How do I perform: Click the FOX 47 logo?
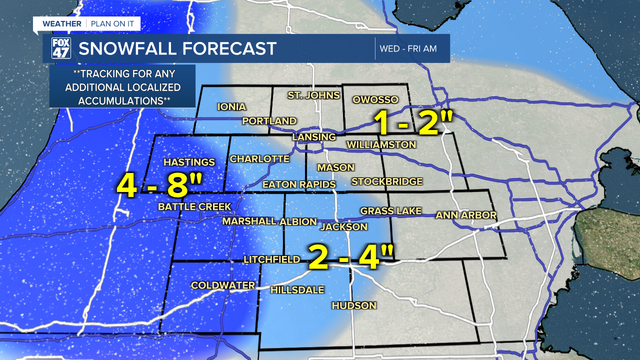pyautogui.click(x=61, y=48)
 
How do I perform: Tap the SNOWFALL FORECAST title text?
pyautogui.click(x=177, y=48)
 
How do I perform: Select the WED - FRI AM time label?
pyautogui.click(x=408, y=48)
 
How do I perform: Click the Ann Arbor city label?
pyautogui.click(x=466, y=215)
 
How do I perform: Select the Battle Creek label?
pyautogui.click(x=194, y=206)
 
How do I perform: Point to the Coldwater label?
pyautogui.click(x=223, y=285)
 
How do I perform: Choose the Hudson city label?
pyautogui.click(x=353, y=305)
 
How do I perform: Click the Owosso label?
pyautogui.click(x=375, y=99)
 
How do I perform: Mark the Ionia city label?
pyautogui.click(x=231, y=106)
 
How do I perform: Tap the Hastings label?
pyautogui.click(x=189, y=162)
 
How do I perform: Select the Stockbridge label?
pyautogui.click(x=386, y=181)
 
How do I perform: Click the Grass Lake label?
pyautogui.click(x=390, y=210)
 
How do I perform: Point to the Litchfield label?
pyautogui.click(x=271, y=259)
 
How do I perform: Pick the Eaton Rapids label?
pyautogui.click(x=298, y=184)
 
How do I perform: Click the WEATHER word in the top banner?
pyautogui.click(x=61, y=24)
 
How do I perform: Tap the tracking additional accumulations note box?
pyautogui.click(x=122, y=86)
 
